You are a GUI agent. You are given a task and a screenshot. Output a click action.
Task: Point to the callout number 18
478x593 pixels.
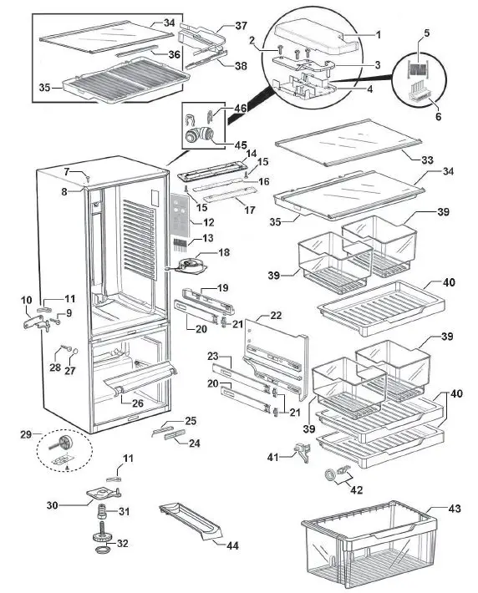click(x=223, y=251)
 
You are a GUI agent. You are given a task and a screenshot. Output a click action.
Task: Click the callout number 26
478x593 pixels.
click(x=138, y=404)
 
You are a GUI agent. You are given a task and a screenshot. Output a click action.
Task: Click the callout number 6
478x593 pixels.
click(x=437, y=116)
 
